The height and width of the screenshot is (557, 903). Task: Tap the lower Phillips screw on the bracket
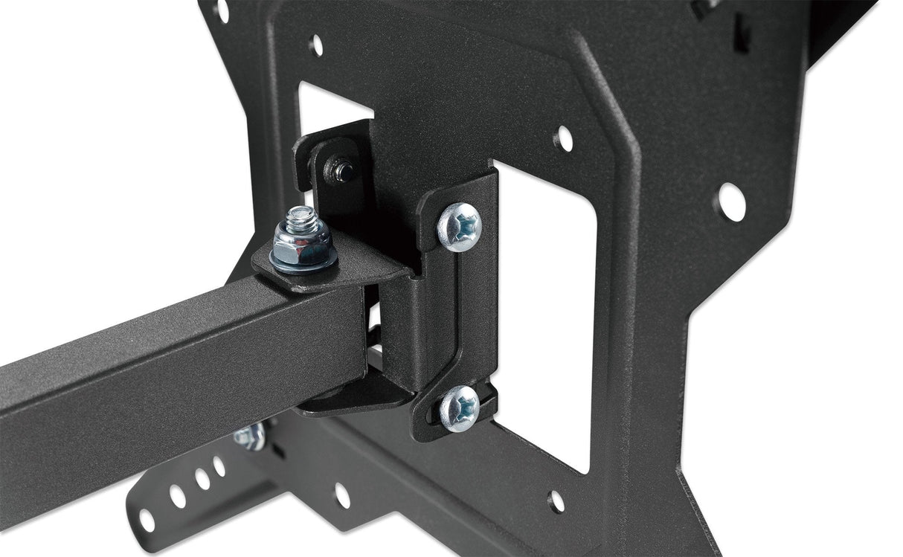(459, 408)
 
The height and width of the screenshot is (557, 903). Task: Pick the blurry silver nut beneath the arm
(250, 436)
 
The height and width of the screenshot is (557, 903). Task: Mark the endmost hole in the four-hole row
(147, 521)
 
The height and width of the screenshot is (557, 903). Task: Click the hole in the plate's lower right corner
(556, 501)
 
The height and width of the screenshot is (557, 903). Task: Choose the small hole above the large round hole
(564, 138)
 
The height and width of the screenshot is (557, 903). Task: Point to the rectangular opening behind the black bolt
(327, 112)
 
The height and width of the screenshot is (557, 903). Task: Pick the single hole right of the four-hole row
(341, 495)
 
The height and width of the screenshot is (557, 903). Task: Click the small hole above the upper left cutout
(316, 45)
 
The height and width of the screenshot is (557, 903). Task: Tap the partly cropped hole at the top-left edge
(222, 9)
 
